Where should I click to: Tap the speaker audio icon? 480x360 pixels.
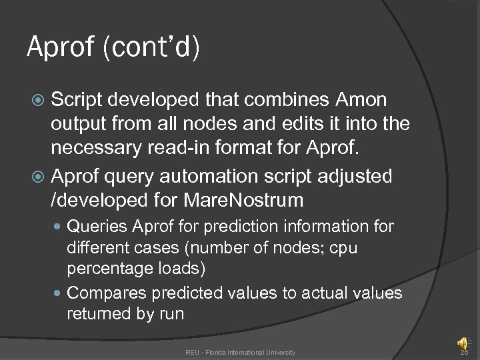pos(462,343)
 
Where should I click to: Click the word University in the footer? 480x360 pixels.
pos(279,352)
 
